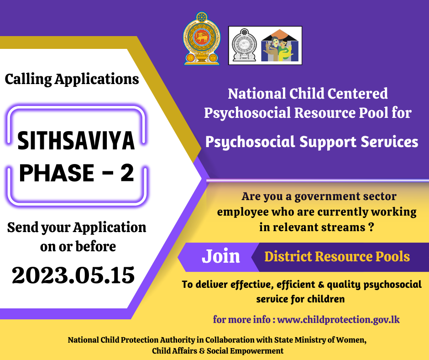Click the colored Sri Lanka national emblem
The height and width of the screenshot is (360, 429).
[x=202, y=38]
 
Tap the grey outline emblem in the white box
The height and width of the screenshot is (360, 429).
[x=244, y=45]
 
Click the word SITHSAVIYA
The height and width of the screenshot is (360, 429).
[x=76, y=141]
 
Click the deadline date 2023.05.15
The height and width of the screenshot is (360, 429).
[x=73, y=275]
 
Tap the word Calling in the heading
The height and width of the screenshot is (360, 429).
[x=28, y=79]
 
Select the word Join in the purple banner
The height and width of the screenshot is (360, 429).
[x=221, y=256]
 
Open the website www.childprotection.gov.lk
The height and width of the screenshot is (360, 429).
[x=339, y=319]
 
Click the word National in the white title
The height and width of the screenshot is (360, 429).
[x=256, y=93]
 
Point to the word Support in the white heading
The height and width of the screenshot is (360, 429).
[x=328, y=142]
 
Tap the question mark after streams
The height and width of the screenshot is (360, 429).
[x=371, y=227]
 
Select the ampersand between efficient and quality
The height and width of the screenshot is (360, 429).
[x=321, y=284]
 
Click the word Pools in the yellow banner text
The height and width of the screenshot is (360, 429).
[x=392, y=256]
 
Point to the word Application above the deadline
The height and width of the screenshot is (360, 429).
[x=110, y=228]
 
